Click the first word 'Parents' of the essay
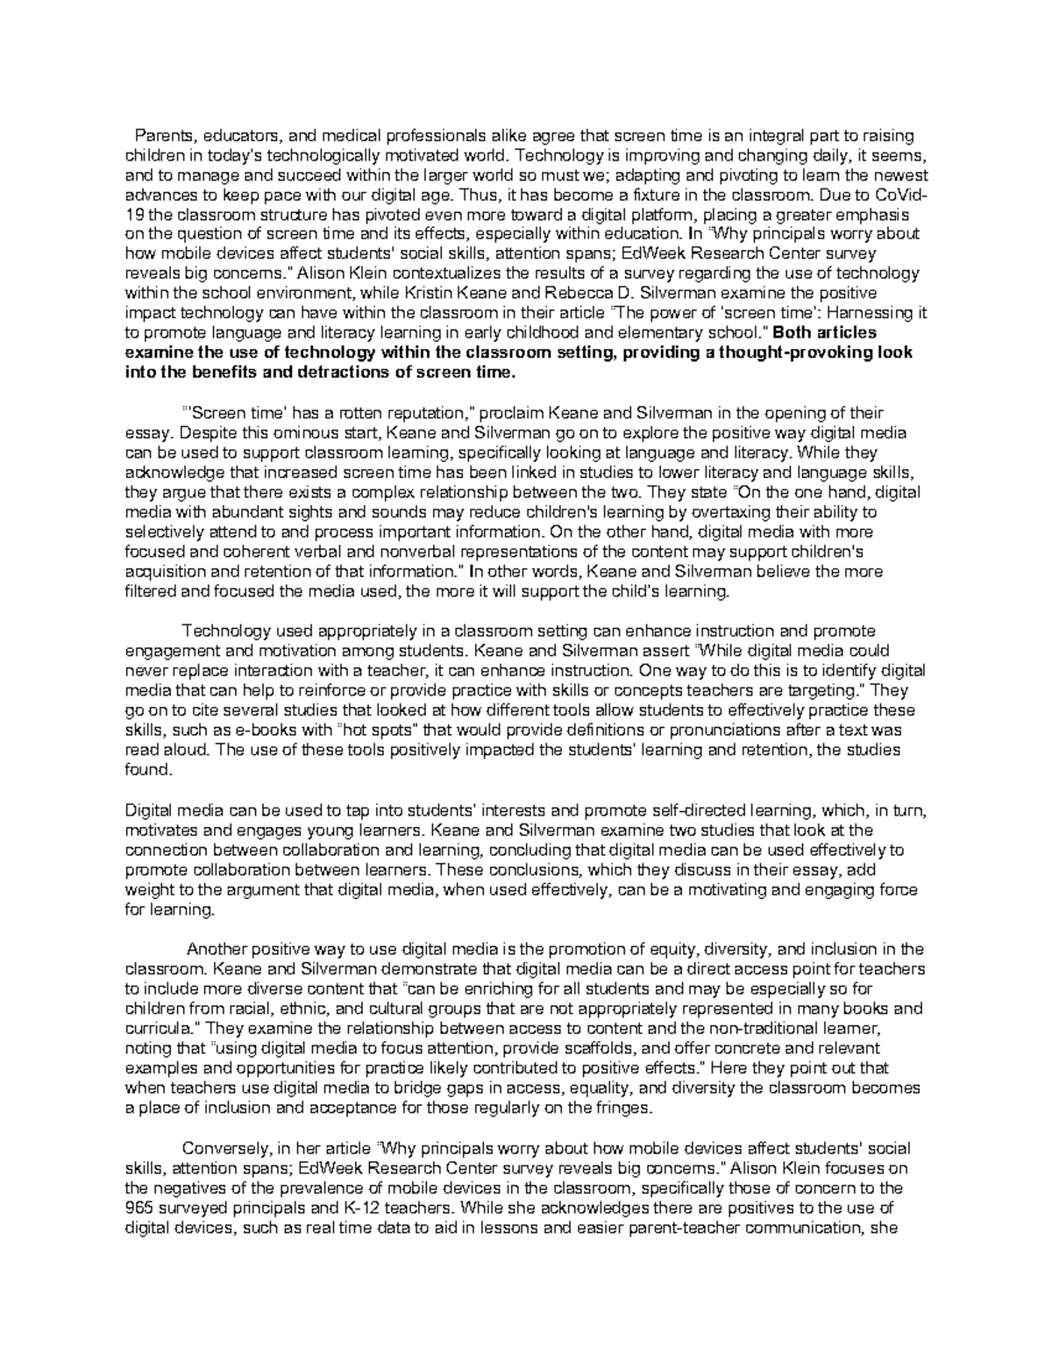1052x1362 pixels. pos(160,136)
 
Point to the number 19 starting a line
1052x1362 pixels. pos(135,215)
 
